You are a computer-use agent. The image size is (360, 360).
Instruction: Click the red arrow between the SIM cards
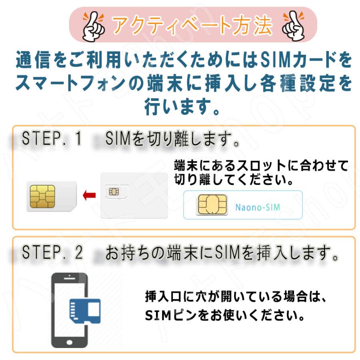point(88,196)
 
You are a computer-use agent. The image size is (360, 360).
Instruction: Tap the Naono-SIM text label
point(258,207)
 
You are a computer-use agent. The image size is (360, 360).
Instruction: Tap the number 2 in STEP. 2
point(78,253)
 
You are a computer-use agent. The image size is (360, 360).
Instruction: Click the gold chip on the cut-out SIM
point(43,196)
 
